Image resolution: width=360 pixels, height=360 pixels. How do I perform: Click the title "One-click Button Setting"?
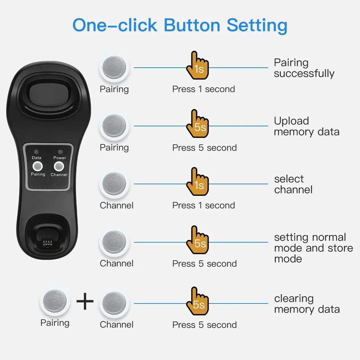180,25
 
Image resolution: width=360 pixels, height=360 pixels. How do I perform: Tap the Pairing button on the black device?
37,166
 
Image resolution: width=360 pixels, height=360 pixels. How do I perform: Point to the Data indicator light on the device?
37,152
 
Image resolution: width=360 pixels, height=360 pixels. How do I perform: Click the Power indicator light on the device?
59,152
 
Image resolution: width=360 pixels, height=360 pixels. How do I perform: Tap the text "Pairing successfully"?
304,68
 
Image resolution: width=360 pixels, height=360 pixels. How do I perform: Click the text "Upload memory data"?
306,126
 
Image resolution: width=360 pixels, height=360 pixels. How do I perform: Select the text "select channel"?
293,184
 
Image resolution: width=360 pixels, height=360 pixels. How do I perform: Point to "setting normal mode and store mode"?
313,248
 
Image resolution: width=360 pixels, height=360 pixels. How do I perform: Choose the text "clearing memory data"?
307,304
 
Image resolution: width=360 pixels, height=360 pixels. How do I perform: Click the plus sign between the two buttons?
85,302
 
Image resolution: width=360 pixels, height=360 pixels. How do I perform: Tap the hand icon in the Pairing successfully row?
197,66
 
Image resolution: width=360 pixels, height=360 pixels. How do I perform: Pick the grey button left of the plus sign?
54,301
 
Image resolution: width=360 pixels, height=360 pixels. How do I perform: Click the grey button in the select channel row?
114,184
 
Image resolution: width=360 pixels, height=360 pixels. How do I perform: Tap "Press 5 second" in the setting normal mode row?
204,264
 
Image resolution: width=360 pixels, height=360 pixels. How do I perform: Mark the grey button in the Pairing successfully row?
114,68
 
